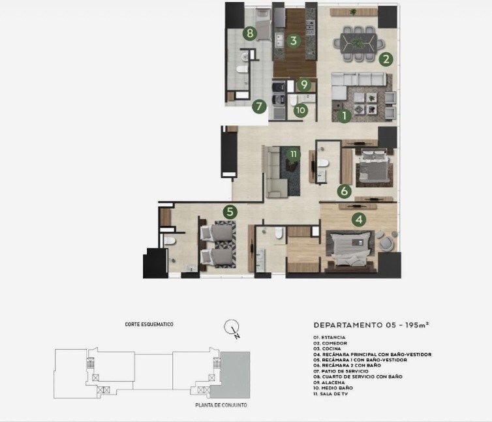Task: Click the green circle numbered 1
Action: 345,115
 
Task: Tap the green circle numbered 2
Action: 386,59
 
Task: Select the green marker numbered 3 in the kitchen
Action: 294,40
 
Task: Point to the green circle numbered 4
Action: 359,220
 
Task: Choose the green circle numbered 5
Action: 230,212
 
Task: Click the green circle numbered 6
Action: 345,190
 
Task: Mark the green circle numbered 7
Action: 259,106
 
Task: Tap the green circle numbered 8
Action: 250,33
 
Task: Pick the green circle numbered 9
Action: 303,84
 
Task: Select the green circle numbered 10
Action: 300,110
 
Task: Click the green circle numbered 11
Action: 294,154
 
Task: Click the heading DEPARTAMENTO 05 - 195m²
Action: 371,325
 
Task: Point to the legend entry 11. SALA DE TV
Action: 331,393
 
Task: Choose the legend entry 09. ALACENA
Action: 329,382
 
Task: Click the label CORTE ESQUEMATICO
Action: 149,324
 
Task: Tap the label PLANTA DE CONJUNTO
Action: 221,405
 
